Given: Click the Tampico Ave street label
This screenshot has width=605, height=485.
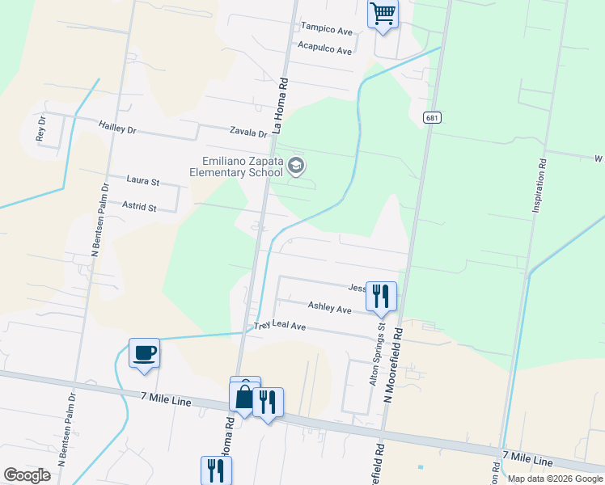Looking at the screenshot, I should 327,29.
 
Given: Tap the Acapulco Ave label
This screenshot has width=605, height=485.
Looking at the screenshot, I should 324,50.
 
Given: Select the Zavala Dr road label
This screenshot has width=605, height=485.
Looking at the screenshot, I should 247,133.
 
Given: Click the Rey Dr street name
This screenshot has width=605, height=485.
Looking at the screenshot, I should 41,129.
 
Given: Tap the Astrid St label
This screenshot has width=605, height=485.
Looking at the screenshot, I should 139,208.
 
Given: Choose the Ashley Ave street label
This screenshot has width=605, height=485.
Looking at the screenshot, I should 329,308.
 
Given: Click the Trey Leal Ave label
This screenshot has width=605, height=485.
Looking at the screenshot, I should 279,326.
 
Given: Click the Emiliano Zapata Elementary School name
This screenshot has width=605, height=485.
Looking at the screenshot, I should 236,166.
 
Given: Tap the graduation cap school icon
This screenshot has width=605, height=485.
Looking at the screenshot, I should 296,167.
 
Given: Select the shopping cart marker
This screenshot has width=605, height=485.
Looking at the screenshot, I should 383,14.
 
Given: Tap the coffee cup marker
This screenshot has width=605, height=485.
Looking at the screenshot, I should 144,353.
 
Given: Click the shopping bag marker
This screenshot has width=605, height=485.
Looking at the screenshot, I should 245,395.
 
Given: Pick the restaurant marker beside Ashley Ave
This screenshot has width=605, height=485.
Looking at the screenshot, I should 381,296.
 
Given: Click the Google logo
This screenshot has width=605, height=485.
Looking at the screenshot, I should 27,474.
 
